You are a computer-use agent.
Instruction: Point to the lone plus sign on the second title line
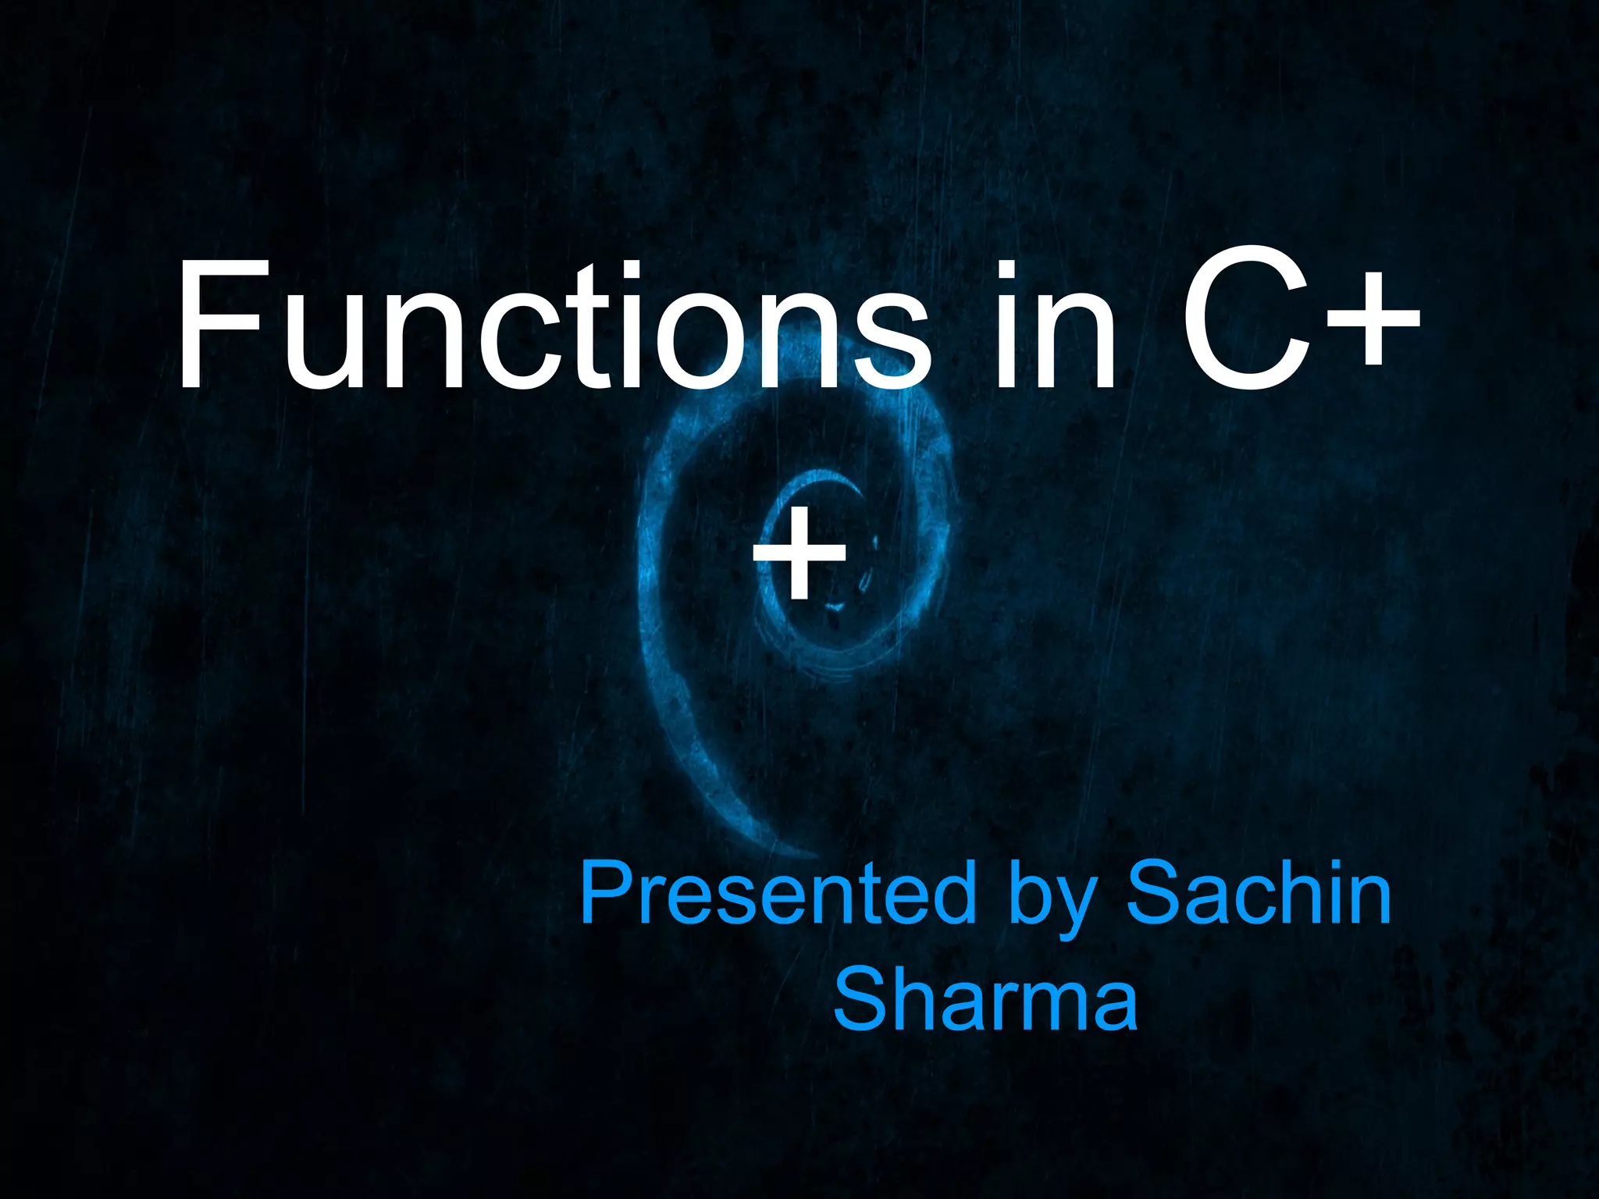(x=799, y=557)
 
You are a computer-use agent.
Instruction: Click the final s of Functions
(x=890, y=343)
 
